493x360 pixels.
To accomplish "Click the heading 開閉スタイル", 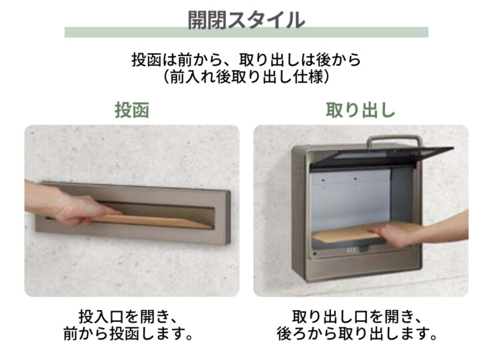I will click(x=246, y=19).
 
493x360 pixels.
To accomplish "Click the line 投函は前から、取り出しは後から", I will click(x=246, y=60).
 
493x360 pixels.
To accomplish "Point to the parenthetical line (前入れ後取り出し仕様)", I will click(x=246, y=77).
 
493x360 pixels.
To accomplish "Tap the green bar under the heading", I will click(x=246, y=33).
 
